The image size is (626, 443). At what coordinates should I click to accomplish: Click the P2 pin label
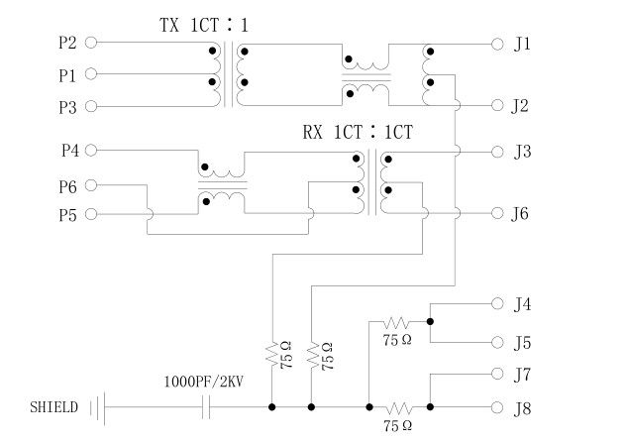point(67,43)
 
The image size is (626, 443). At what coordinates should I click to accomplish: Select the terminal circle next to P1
point(91,74)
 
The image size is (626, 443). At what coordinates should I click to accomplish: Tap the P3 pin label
point(67,106)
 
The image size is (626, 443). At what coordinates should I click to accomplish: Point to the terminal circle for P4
point(91,151)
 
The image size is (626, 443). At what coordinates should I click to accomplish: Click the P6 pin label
point(67,185)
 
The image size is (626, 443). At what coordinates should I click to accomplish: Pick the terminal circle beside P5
point(91,214)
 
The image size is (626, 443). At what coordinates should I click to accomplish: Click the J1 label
point(523,44)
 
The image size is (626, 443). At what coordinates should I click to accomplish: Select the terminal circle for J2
point(498,105)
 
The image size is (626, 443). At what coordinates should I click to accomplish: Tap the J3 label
point(523,152)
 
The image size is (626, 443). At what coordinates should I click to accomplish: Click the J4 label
point(523,304)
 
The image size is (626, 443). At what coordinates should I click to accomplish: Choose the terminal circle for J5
point(498,342)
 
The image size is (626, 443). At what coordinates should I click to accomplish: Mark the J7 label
point(523,374)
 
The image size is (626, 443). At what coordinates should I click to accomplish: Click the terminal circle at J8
point(498,407)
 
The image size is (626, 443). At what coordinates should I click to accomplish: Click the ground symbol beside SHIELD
point(96,407)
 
